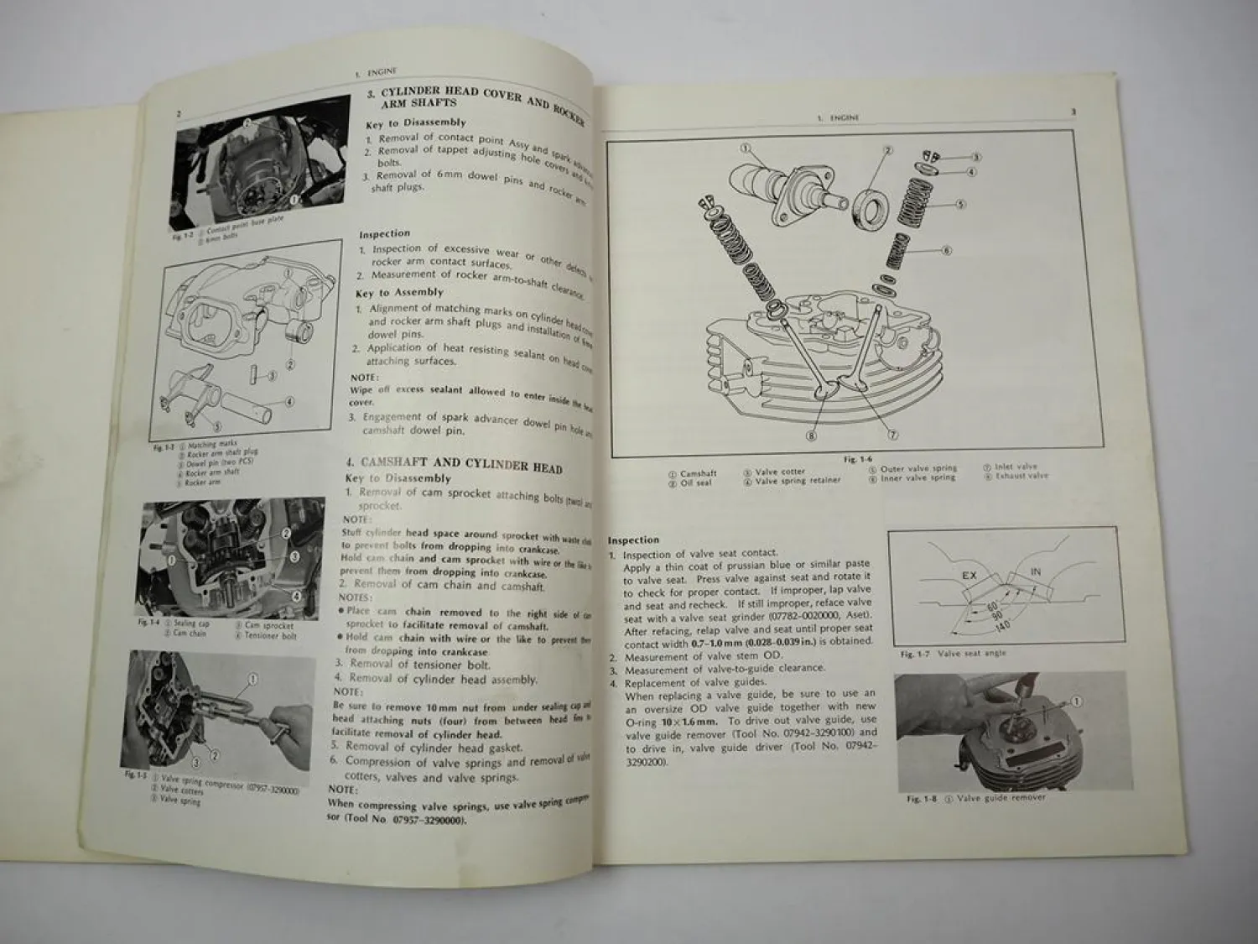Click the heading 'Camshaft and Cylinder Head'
[461, 465]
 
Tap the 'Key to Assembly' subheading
[399, 292]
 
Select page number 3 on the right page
[1073, 112]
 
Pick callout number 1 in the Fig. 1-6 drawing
[745, 149]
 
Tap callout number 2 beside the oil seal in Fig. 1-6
[886, 151]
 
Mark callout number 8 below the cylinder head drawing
[811, 435]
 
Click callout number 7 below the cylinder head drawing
[893, 435]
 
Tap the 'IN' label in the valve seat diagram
[1035, 571]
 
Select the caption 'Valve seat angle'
[971, 653]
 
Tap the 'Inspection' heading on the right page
[633, 540]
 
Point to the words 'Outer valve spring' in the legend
[918, 468]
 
